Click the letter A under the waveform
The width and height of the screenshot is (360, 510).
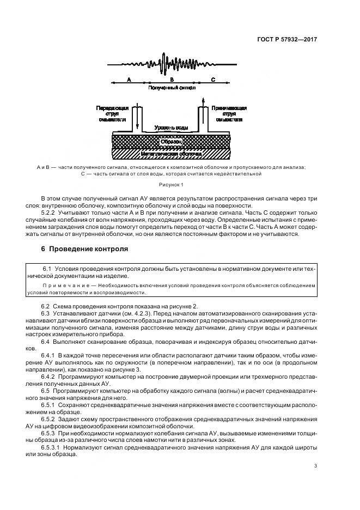[x=129, y=80]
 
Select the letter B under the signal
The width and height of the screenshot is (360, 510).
[x=171, y=80]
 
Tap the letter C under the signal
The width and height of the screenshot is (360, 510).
[x=213, y=80]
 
